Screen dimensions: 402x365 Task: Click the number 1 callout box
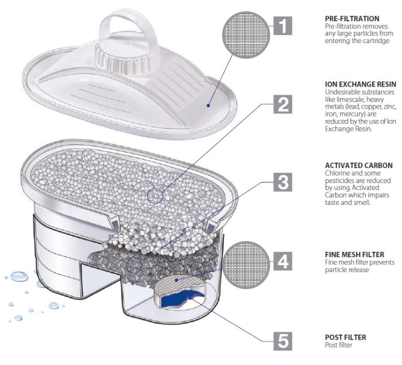[x=283, y=26]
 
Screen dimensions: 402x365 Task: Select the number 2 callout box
[x=283, y=104]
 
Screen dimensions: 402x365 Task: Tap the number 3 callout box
[x=283, y=182]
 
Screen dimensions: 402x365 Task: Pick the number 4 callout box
[x=283, y=261]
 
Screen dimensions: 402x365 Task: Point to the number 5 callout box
[x=283, y=341]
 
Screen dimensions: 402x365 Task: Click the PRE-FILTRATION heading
[x=352, y=19]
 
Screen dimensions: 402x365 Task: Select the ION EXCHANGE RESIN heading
[x=361, y=84]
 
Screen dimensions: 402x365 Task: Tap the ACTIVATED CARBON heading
[x=359, y=165]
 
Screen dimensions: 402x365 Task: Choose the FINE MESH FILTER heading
[x=354, y=255]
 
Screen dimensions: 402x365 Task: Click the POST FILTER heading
[x=345, y=337]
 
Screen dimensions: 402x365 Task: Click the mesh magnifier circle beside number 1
[x=246, y=34]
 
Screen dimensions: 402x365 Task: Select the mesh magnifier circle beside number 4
[x=246, y=265]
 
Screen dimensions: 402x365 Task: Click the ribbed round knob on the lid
[x=122, y=59]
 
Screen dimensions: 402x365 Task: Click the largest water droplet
[x=20, y=277]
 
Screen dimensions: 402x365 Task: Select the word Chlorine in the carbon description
[x=337, y=173]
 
